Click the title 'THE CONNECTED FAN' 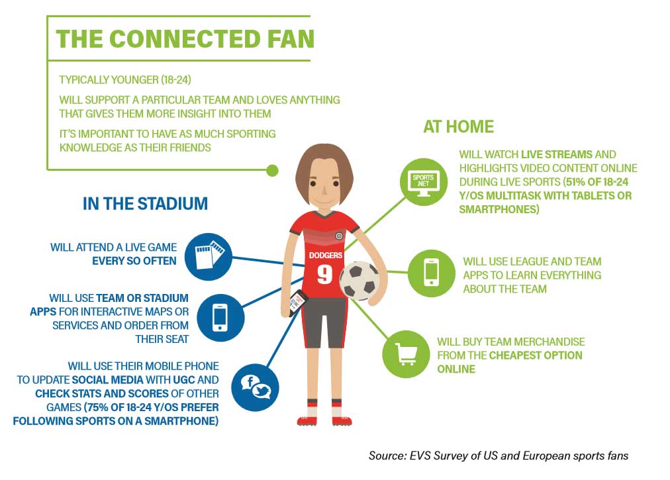point(185,39)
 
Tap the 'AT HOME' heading point(459,126)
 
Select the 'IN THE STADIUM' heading point(145,203)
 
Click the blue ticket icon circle point(209,256)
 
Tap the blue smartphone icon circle point(220,318)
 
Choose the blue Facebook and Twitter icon point(255,387)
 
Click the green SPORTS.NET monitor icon point(424,181)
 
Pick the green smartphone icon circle point(432,273)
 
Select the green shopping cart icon point(406,354)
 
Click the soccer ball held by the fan point(359,281)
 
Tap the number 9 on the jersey point(325,274)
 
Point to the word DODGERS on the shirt point(326,255)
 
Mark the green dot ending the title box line point(272,171)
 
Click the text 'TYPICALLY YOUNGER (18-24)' point(125,80)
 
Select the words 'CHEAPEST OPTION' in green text point(536,356)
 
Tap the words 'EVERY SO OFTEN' point(134,261)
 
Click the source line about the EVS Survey point(499,456)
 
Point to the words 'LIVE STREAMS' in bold point(557,154)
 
